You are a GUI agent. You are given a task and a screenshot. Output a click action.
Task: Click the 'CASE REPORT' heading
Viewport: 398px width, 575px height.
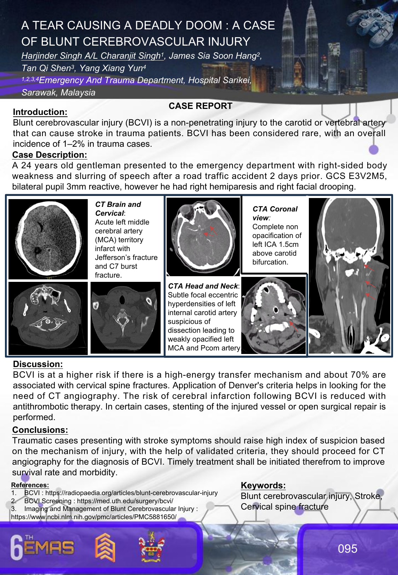pos(200,106)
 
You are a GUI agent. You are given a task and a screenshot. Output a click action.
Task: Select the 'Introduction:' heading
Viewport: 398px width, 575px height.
pos(40,112)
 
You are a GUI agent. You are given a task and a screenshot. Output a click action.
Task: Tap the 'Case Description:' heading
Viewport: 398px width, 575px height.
pos(50,155)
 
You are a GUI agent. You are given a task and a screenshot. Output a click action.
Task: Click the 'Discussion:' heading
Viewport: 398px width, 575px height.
pos(38,364)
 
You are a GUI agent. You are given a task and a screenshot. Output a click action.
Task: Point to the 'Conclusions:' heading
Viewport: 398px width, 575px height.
pos(40,430)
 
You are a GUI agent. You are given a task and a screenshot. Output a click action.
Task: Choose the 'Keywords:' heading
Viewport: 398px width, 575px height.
pos(263,486)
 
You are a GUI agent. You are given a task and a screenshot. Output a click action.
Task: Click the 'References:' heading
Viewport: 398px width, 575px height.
pos(30,485)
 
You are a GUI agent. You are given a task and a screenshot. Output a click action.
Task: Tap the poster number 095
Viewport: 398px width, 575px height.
pos(347,548)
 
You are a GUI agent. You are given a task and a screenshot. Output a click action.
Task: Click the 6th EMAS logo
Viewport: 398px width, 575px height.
pos(42,548)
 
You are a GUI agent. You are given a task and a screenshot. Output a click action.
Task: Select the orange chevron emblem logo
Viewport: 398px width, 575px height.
pos(105,547)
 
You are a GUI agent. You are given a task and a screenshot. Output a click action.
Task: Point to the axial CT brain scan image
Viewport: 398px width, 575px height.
pos(48,239)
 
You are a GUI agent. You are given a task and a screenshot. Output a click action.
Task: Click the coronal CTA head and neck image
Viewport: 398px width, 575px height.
pos(350,276)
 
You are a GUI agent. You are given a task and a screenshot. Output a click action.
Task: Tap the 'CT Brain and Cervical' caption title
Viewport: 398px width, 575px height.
pos(118,209)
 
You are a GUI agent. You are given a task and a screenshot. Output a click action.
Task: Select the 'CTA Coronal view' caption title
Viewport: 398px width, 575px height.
pos(275,213)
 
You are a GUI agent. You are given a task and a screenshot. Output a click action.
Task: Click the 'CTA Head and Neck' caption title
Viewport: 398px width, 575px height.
pos(203,286)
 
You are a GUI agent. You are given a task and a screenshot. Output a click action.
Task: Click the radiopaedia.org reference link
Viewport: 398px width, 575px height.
pos(131,493)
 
